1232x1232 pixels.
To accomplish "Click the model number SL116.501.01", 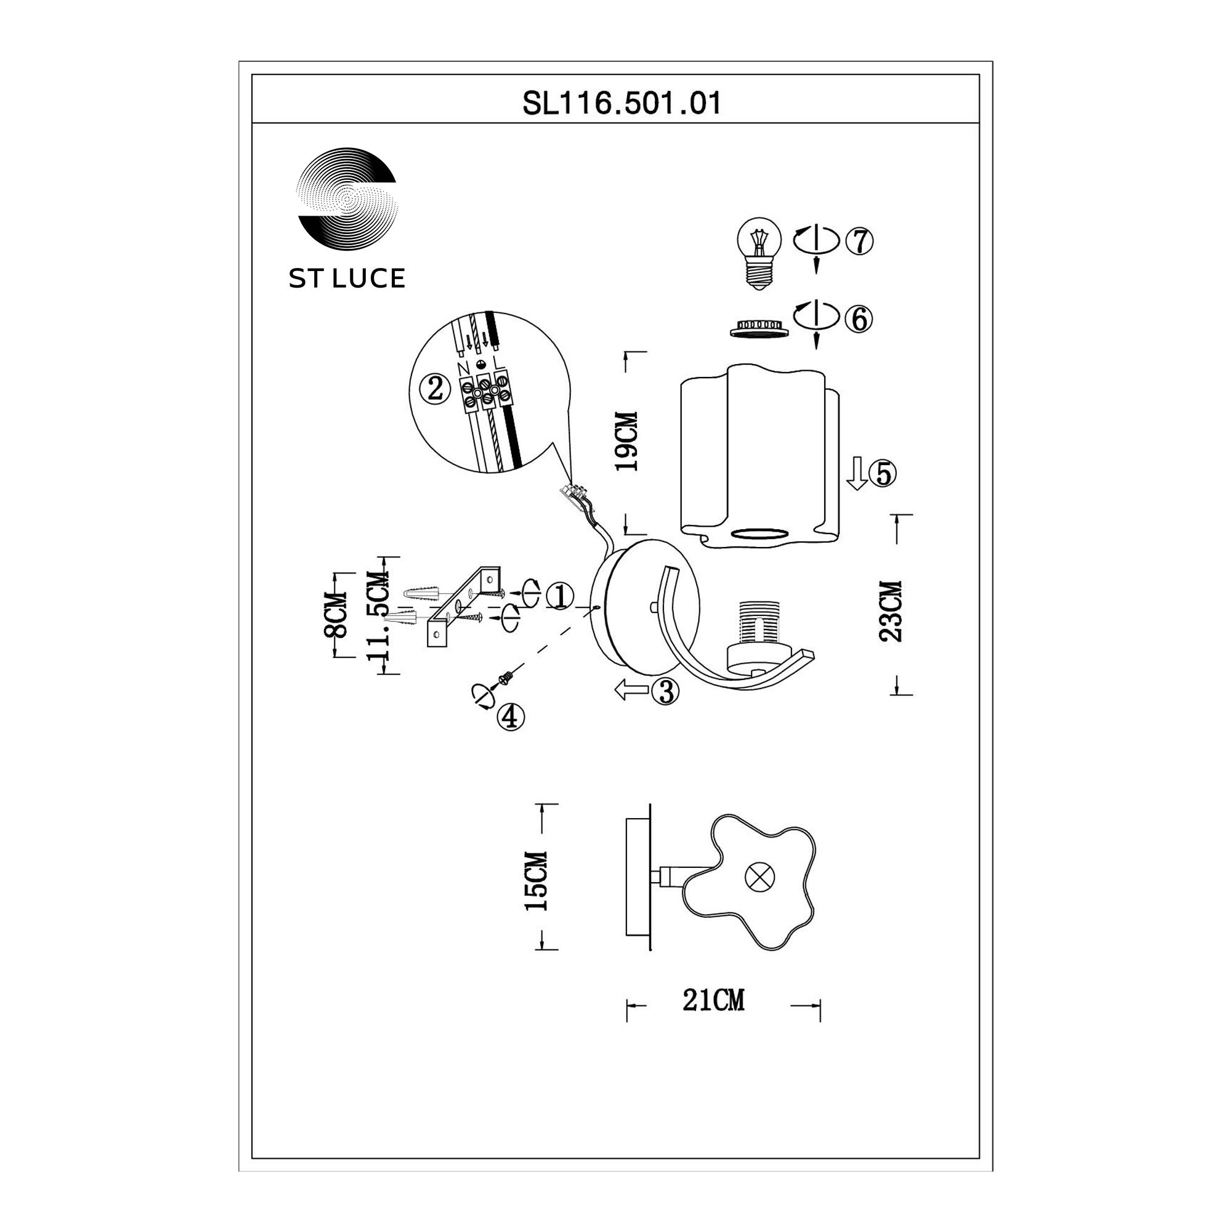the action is (x=622, y=103).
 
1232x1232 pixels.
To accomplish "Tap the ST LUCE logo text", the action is (x=347, y=278).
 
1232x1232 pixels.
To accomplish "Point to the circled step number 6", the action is (x=859, y=319).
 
